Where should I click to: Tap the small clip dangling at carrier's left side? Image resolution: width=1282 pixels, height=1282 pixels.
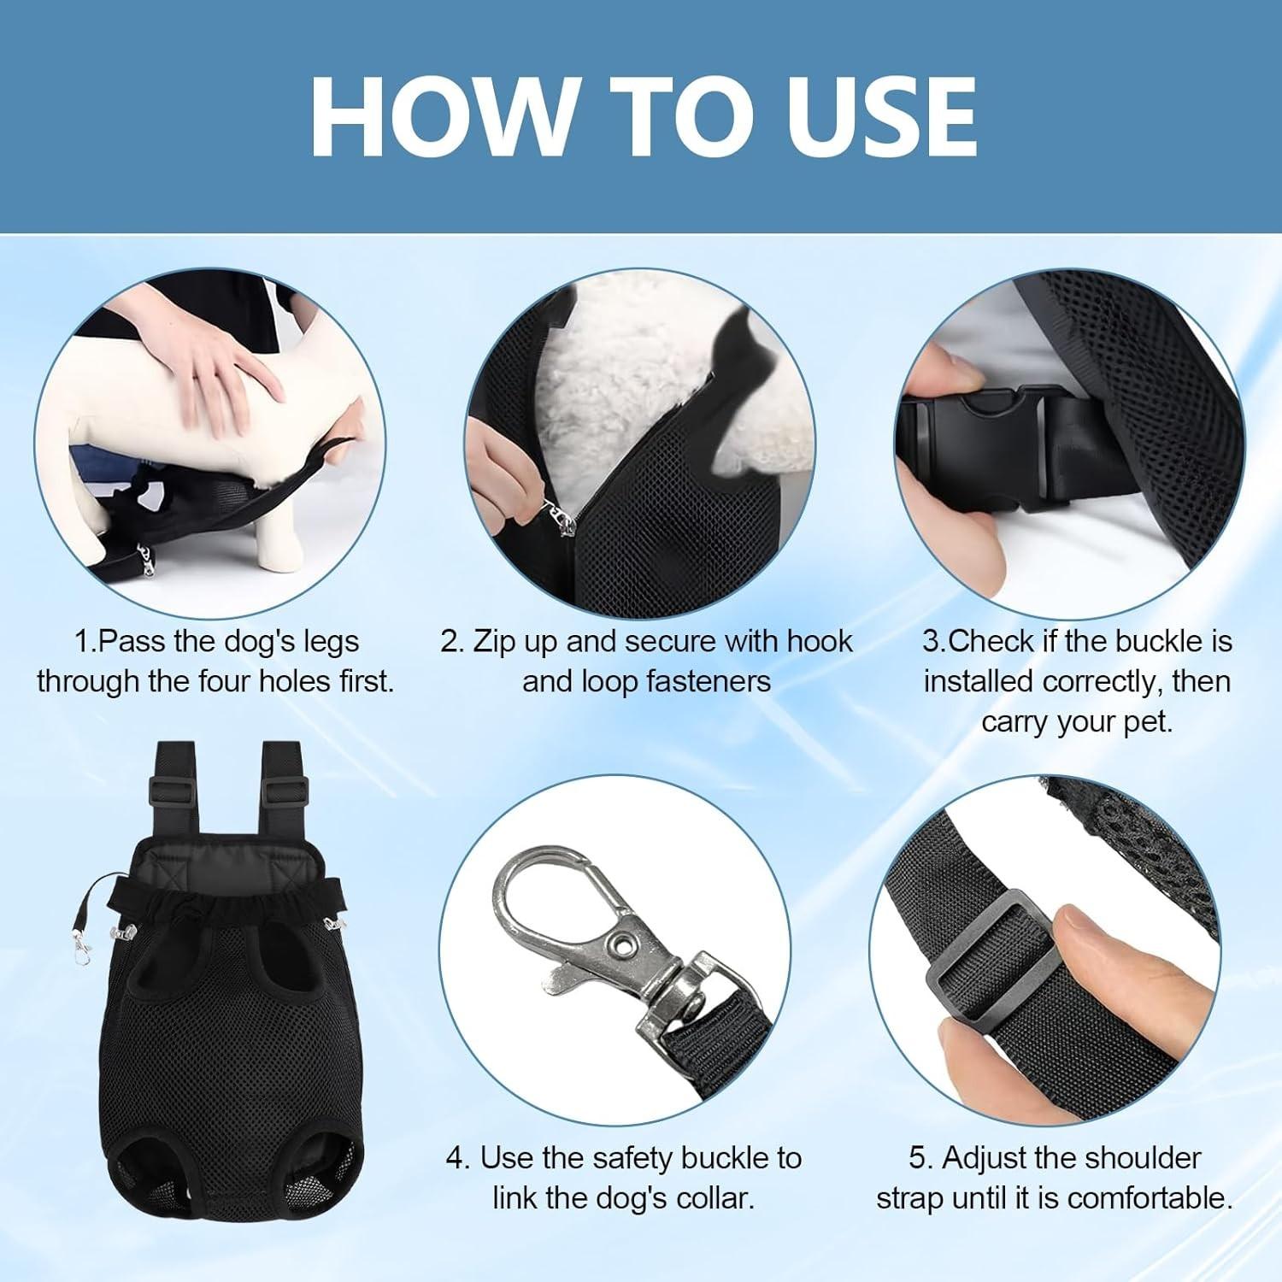pos(80,949)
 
